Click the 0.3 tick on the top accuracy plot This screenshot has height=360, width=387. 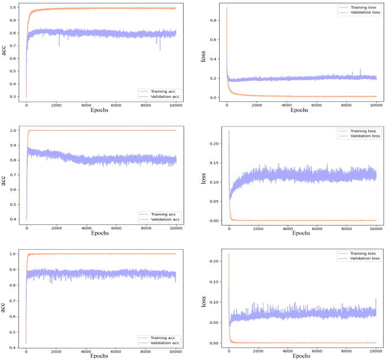13,97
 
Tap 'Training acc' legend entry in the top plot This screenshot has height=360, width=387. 160,90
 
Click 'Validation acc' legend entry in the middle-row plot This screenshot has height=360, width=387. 162,220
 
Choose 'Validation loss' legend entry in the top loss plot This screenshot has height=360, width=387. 363,12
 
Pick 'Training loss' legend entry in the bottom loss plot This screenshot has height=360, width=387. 363,253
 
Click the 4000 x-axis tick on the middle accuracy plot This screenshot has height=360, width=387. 86,228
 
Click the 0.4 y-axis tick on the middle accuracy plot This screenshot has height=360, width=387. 13,219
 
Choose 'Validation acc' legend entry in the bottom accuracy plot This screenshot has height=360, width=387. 162,343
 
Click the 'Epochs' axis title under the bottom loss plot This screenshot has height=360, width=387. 302,356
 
